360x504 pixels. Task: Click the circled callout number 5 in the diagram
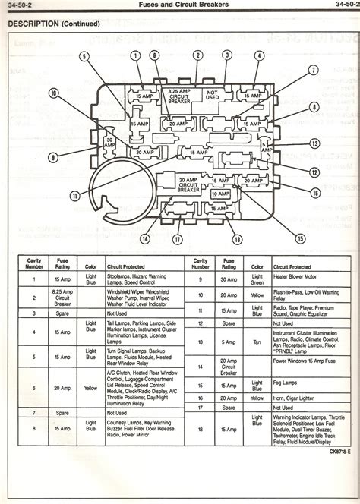pos(87,55)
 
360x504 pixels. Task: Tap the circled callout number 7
pos(313,71)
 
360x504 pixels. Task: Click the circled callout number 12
pos(313,172)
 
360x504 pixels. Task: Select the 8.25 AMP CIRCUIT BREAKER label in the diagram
pos(175,95)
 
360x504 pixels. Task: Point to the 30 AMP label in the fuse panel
pos(110,142)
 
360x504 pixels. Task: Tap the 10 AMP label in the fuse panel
pos(220,194)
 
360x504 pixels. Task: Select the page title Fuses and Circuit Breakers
pos(180,5)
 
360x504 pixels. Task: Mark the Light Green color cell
pos(258,280)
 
